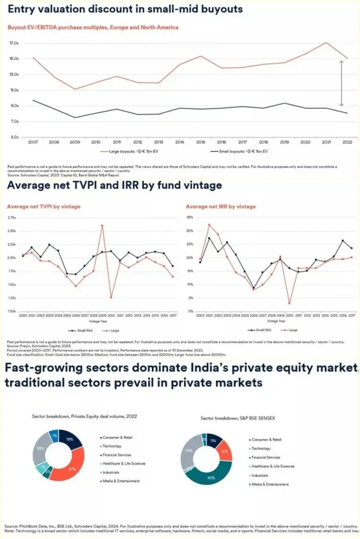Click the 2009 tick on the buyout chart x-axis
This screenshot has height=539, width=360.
75,142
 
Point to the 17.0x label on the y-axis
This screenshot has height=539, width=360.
15,43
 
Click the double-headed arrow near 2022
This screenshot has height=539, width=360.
341,83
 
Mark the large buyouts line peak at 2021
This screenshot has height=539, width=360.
326,43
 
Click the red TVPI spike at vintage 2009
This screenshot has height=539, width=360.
102,225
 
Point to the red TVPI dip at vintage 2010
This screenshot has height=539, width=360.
111,297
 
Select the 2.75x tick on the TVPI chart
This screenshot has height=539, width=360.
11,217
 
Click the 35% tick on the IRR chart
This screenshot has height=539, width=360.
190,217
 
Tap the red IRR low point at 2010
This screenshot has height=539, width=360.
289,303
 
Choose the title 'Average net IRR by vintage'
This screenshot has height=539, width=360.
220,206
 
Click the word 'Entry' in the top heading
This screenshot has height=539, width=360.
22,9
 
